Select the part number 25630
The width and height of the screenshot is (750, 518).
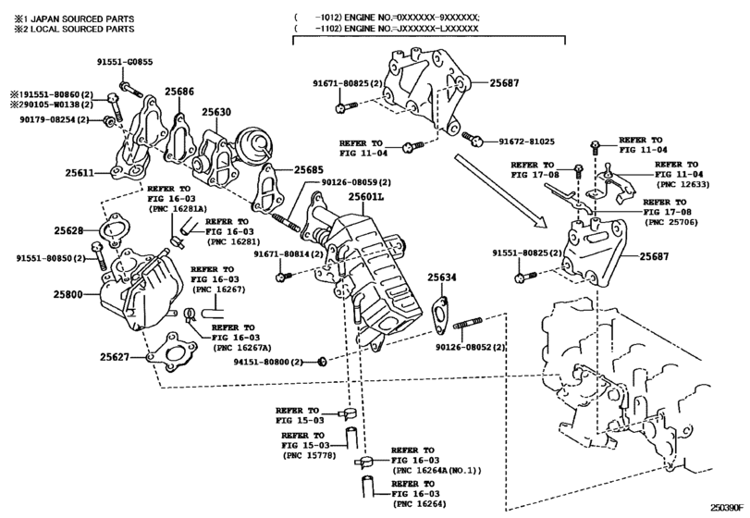pos(216,112)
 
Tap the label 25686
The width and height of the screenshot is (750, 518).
pos(179,91)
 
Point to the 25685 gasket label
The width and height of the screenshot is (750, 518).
pos(309,169)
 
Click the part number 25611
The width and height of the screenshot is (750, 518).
pos(80,173)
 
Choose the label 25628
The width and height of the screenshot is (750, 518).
pos(68,230)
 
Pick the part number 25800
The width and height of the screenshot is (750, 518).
pos(68,295)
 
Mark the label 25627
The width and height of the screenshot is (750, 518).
pos(115,357)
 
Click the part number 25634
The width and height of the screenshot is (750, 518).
pos(442,277)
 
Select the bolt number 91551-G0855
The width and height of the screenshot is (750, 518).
pos(125,62)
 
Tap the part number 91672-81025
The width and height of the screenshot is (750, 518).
pos(526,142)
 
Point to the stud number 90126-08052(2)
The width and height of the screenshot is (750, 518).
pos(471,347)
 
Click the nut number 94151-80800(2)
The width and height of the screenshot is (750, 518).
pos(268,362)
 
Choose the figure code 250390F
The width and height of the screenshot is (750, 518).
pos(727,508)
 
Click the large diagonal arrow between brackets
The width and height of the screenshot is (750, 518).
pos(499,191)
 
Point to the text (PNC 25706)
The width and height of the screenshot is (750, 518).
pos(671,222)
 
